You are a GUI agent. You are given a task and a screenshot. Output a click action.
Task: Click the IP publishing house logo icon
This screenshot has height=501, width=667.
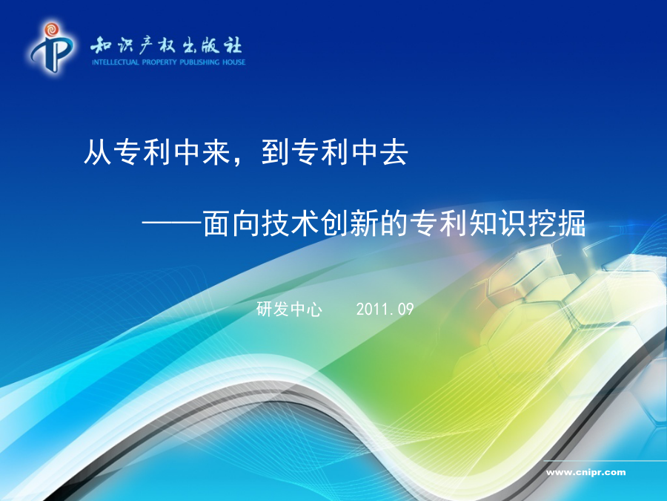click(51, 48)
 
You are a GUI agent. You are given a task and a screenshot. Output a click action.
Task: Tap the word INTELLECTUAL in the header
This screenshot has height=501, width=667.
click(116, 62)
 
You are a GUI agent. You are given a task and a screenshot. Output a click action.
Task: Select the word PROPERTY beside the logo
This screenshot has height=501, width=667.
click(159, 62)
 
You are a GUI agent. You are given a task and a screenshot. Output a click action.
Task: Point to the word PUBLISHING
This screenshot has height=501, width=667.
click(199, 62)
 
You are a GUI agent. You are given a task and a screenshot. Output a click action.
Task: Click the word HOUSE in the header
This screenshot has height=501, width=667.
click(233, 62)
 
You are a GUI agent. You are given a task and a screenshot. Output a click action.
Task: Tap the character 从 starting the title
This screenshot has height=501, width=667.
click(98, 151)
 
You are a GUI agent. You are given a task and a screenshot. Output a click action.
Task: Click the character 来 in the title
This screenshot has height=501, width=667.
click(216, 151)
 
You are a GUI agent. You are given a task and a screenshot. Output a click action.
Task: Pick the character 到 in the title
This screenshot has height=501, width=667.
click(275, 151)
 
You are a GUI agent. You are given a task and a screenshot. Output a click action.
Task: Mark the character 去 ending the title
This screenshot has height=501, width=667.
click(394, 151)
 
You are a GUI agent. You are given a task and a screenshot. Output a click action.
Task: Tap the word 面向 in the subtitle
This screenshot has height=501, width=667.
click(231, 223)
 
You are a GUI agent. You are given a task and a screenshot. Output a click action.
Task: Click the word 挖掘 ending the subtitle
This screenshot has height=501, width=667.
click(557, 223)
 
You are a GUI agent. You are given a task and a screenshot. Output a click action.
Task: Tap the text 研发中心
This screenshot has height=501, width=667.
click(289, 309)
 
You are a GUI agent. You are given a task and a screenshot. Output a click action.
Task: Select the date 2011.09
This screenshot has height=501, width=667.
click(385, 310)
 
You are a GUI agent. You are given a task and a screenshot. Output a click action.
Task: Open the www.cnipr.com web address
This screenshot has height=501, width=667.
click(585, 472)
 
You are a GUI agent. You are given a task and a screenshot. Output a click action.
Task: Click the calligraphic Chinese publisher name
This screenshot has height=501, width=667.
click(166, 45)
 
